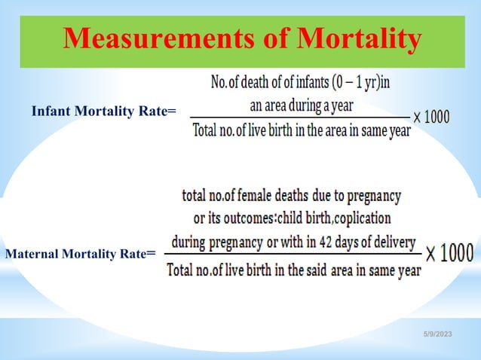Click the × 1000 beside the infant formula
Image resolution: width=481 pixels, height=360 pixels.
tap(432, 117)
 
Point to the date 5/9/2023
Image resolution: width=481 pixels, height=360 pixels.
tap(437, 345)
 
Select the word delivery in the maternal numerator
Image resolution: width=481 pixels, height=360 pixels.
tap(391, 243)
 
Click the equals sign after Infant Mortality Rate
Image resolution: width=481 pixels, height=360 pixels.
tap(172, 112)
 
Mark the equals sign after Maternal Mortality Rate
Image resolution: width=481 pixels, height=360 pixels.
tap(152, 255)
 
